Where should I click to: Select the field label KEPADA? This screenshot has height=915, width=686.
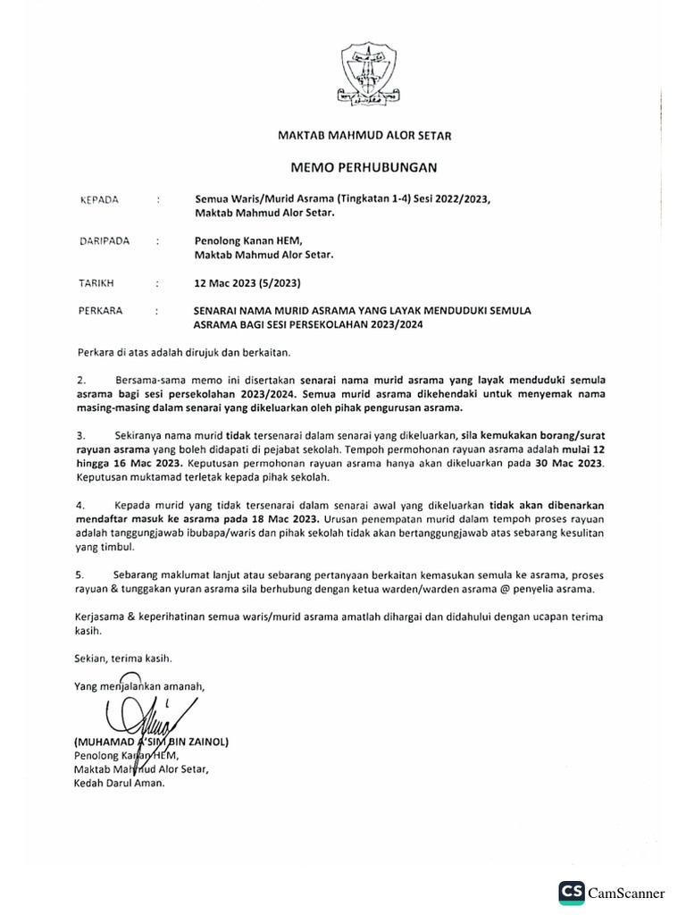(99, 199)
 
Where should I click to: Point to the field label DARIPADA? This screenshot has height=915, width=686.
(105, 239)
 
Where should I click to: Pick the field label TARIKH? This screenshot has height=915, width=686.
(97, 283)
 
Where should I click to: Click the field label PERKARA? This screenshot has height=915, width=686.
(102, 311)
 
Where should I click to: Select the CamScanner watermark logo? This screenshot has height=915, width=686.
(612, 892)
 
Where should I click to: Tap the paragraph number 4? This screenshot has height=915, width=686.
(79, 505)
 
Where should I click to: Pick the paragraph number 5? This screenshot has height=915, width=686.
(79, 575)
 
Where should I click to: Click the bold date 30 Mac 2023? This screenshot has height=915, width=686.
(567, 464)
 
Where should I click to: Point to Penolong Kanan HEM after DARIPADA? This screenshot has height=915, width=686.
(249, 239)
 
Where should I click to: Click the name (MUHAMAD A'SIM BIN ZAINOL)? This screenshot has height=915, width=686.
(151, 743)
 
